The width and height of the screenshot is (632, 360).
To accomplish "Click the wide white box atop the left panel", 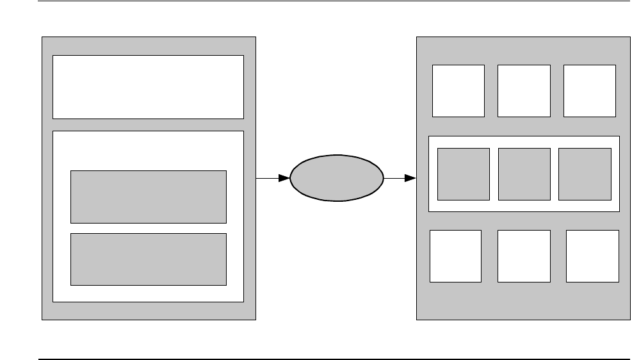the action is click(148, 86).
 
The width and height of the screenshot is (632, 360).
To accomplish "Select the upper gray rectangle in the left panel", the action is click(148, 196).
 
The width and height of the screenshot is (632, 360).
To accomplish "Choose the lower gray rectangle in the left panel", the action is click(148, 259).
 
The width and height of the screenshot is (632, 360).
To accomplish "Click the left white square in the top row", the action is click(458, 90).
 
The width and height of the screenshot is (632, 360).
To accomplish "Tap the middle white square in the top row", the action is click(524, 90).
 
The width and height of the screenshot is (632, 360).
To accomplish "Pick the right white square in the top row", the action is click(589, 90).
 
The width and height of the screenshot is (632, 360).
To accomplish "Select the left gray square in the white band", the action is click(463, 174).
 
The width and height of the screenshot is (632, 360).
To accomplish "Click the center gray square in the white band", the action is click(524, 174).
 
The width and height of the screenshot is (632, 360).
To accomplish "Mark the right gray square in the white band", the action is click(584, 174).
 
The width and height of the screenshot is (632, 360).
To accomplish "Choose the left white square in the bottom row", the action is click(455, 256).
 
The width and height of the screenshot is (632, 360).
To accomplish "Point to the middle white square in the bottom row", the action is click(524, 256).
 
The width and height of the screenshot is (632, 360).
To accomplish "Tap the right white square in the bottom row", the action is click(592, 256).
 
